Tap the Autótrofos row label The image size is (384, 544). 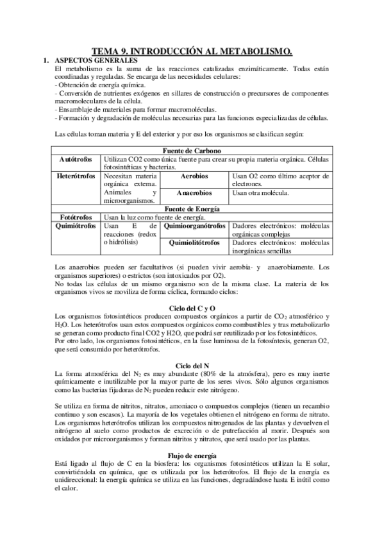point(76,158)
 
